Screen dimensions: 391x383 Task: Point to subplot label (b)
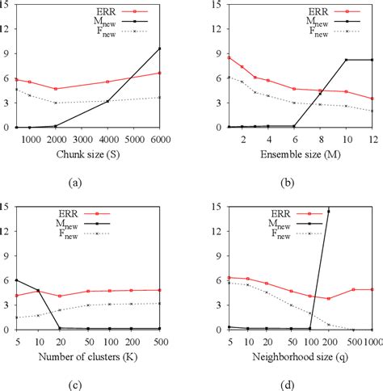tap(284, 183)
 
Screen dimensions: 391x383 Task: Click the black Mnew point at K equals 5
tap(16, 280)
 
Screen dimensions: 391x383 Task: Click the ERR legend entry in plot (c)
tap(103, 212)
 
